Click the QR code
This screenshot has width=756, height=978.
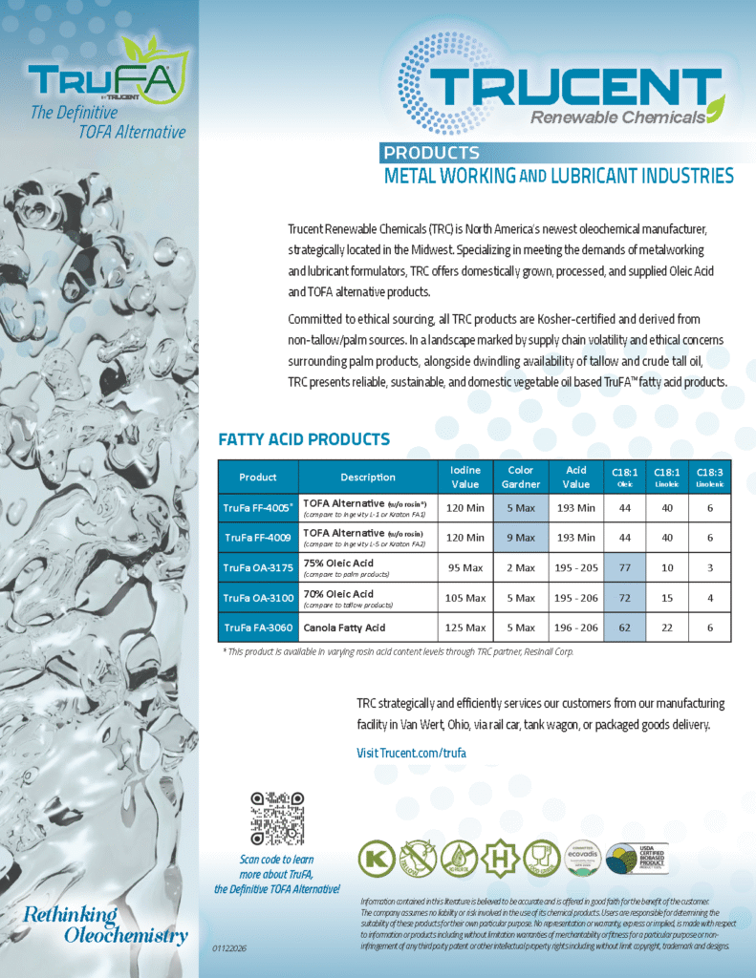(x=276, y=819)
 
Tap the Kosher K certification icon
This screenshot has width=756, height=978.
(x=375, y=858)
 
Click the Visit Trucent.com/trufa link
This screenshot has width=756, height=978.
(x=411, y=753)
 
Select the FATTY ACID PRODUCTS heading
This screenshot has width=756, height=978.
(x=304, y=439)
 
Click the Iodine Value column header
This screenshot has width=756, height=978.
(x=464, y=477)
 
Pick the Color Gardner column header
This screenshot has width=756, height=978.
(x=520, y=477)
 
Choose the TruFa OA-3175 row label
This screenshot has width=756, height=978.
(x=258, y=567)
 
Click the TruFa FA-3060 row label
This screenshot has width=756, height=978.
(x=258, y=627)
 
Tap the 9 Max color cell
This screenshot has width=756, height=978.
(x=520, y=538)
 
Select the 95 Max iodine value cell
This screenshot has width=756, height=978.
(x=464, y=567)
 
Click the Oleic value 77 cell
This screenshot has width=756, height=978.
(x=625, y=567)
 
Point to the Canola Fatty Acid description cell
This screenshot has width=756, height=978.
(x=344, y=627)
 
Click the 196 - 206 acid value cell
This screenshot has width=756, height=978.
(x=576, y=627)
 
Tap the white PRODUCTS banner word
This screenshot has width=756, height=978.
(x=431, y=153)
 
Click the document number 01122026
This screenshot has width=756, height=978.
(x=229, y=948)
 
